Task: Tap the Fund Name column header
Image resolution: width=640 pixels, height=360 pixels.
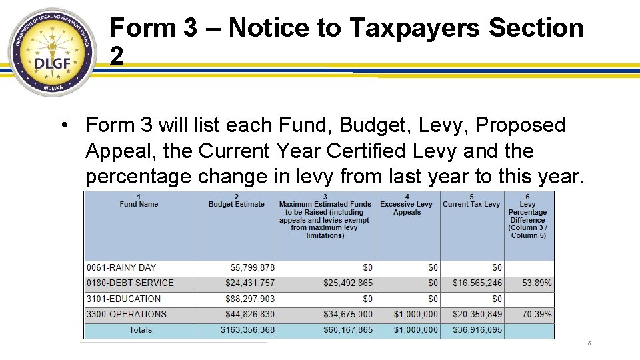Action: (139, 201)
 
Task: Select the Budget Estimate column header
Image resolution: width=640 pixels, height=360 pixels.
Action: (237, 201)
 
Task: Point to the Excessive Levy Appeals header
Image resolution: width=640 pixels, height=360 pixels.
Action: (407, 208)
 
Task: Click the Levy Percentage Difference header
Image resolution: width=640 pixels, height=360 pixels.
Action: (528, 216)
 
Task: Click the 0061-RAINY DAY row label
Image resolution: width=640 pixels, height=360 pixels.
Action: (121, 267)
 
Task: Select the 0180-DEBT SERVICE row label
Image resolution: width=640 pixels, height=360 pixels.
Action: (130, 283)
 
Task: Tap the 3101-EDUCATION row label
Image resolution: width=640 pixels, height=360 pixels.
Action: (124, 299)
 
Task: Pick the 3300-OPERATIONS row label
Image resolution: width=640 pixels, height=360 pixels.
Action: (127, 314)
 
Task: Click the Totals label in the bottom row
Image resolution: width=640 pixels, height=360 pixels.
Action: (140, 330)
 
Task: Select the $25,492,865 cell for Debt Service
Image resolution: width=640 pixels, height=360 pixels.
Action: (348, 283)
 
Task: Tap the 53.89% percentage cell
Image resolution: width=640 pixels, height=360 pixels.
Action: (537, 283)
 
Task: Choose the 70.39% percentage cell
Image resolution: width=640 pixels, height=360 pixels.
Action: (537, 314)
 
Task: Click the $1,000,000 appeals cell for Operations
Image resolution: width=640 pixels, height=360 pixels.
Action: (416, 314)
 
